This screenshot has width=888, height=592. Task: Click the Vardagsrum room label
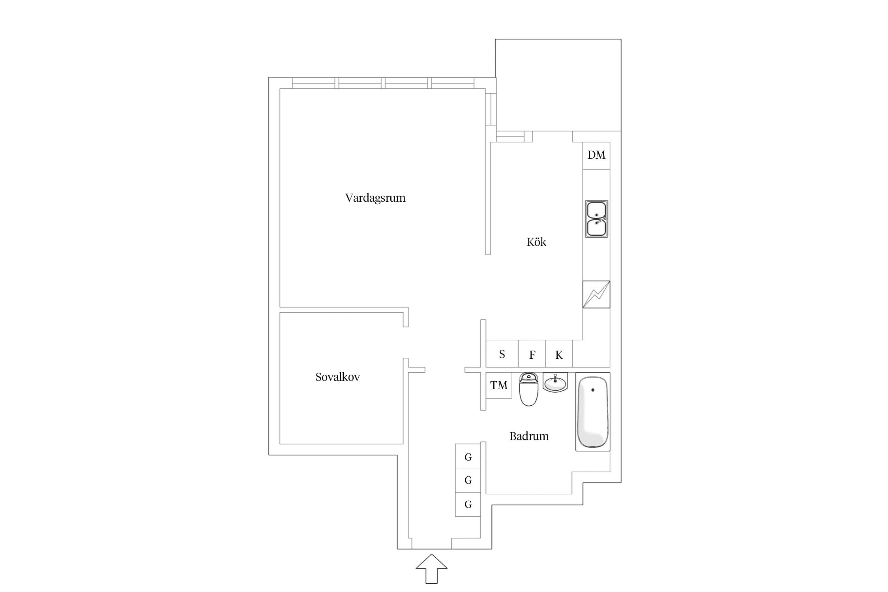375,198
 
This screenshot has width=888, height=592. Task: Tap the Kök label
536,242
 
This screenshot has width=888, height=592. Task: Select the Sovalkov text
337,377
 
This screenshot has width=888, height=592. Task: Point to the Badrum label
529,436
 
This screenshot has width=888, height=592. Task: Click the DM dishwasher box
596,155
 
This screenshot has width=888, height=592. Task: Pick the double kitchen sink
596,219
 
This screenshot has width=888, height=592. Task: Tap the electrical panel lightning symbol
596,294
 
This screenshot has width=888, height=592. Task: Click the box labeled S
502,354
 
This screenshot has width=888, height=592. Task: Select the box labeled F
532,354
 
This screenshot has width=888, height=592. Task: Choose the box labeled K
559,354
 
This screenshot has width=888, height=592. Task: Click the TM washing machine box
498,385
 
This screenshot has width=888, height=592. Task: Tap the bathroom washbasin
555,382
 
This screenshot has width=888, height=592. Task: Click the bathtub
592,412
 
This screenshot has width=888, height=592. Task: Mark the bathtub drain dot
593,390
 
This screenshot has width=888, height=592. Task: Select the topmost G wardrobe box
468,457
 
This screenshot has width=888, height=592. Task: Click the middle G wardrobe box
468,480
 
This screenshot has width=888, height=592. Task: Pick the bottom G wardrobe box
468,504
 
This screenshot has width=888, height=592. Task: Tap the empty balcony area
558,85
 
